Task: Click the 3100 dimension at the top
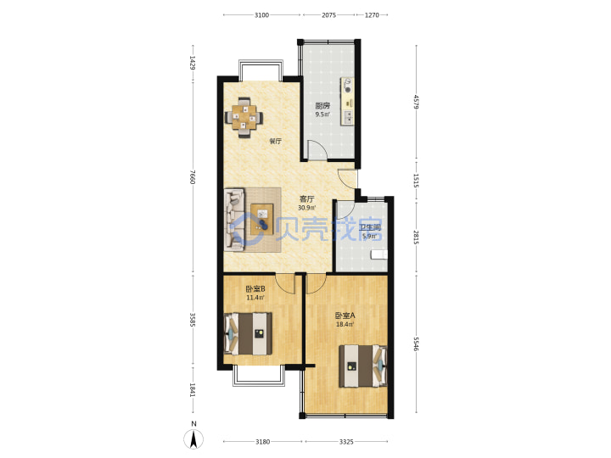click(261, 14)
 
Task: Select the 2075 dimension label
click(328, 14)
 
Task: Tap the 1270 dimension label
click(372, 14)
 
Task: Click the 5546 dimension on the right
click(416, 343)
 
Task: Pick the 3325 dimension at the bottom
click(346, 442)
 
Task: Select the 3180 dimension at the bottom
click(262, 442)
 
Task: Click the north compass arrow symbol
click(193, 439)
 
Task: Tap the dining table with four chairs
click(244, 117)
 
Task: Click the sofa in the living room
click(234, 219)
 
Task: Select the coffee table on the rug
click(262, 219)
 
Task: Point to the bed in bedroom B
click(248, 333)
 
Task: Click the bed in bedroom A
click(363, 366)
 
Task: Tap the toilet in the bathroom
click(379, 254)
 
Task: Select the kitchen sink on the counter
click(348, 117)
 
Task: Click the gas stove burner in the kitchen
click(348, 86)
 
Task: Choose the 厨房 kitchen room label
click(322, 105)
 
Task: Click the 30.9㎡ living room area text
click(306, 208)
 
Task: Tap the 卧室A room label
click(345, 316)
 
